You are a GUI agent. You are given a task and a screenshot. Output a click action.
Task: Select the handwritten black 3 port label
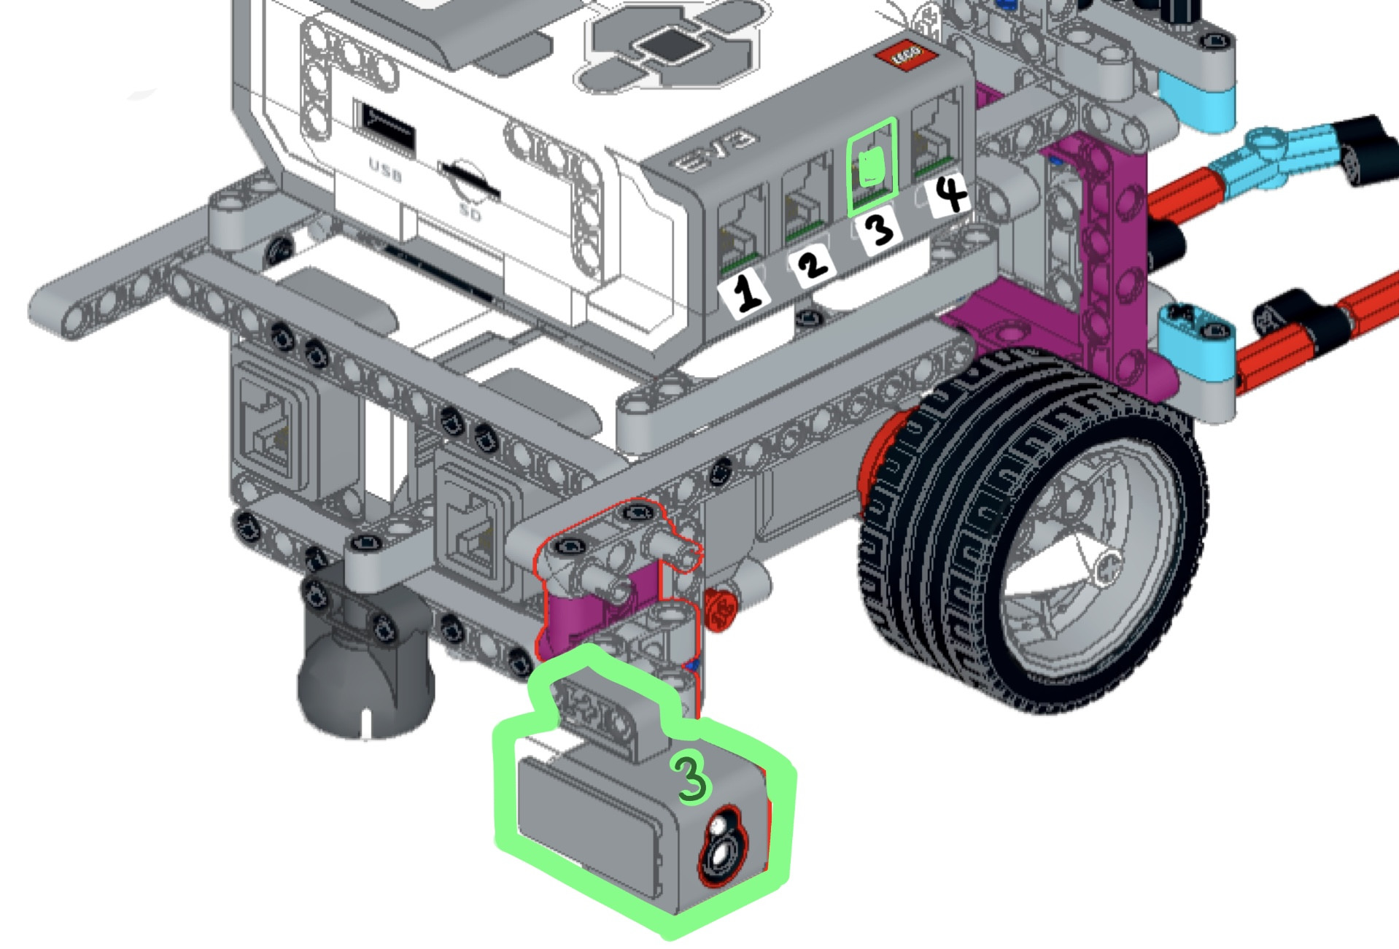pos(880,229)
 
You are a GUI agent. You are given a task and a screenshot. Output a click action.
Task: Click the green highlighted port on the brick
pos(872,167)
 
